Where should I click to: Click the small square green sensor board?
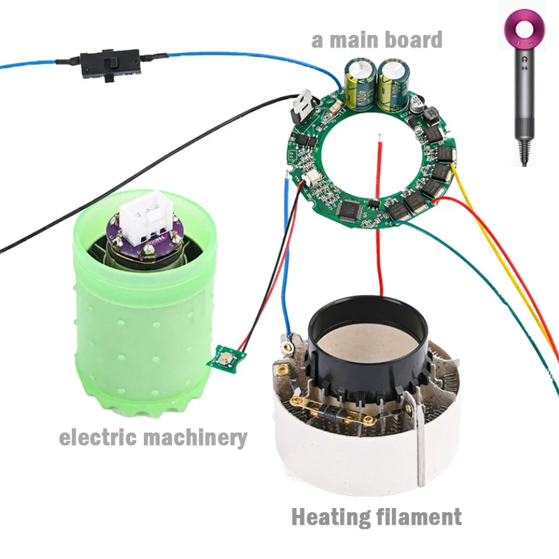click(226, 359)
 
